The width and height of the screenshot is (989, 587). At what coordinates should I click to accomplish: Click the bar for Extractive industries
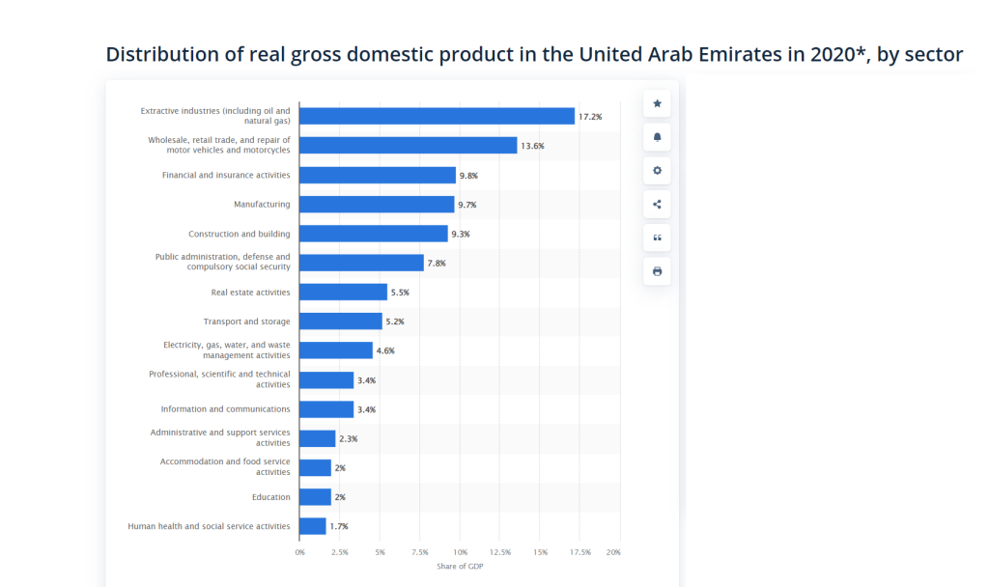(437, 116)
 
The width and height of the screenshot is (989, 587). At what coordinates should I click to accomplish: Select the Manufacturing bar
(377, 205)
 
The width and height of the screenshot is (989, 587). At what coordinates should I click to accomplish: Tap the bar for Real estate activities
(343, 292)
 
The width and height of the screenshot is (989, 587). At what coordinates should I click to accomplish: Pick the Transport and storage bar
(341, 321)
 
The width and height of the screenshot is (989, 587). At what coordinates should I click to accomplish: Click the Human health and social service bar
(313, 526)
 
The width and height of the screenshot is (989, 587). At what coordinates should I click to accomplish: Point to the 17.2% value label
(590, 117)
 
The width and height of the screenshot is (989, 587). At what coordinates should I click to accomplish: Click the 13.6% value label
(532, 146)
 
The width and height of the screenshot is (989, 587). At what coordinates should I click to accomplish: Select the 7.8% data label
(438, 263)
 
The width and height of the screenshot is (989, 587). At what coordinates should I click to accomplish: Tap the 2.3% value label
(349, 439)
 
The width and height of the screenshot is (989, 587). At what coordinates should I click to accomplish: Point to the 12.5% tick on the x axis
(499, 552)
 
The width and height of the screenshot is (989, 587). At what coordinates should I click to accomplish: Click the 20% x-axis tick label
(613, 552)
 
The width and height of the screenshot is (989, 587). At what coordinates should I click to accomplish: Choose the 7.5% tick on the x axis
(420, 552)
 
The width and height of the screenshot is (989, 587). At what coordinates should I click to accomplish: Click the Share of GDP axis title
(460, 566)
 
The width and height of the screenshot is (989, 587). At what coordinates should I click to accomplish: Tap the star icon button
(658, 103)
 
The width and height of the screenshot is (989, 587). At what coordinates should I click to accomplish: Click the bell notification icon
(658, 137)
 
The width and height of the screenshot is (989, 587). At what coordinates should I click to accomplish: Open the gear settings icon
(658, 171)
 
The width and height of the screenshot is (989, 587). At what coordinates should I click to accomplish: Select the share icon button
(658, 204)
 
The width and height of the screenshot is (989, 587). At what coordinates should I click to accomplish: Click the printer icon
(658, 271)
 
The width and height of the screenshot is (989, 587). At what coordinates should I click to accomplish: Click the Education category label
(271, 497)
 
